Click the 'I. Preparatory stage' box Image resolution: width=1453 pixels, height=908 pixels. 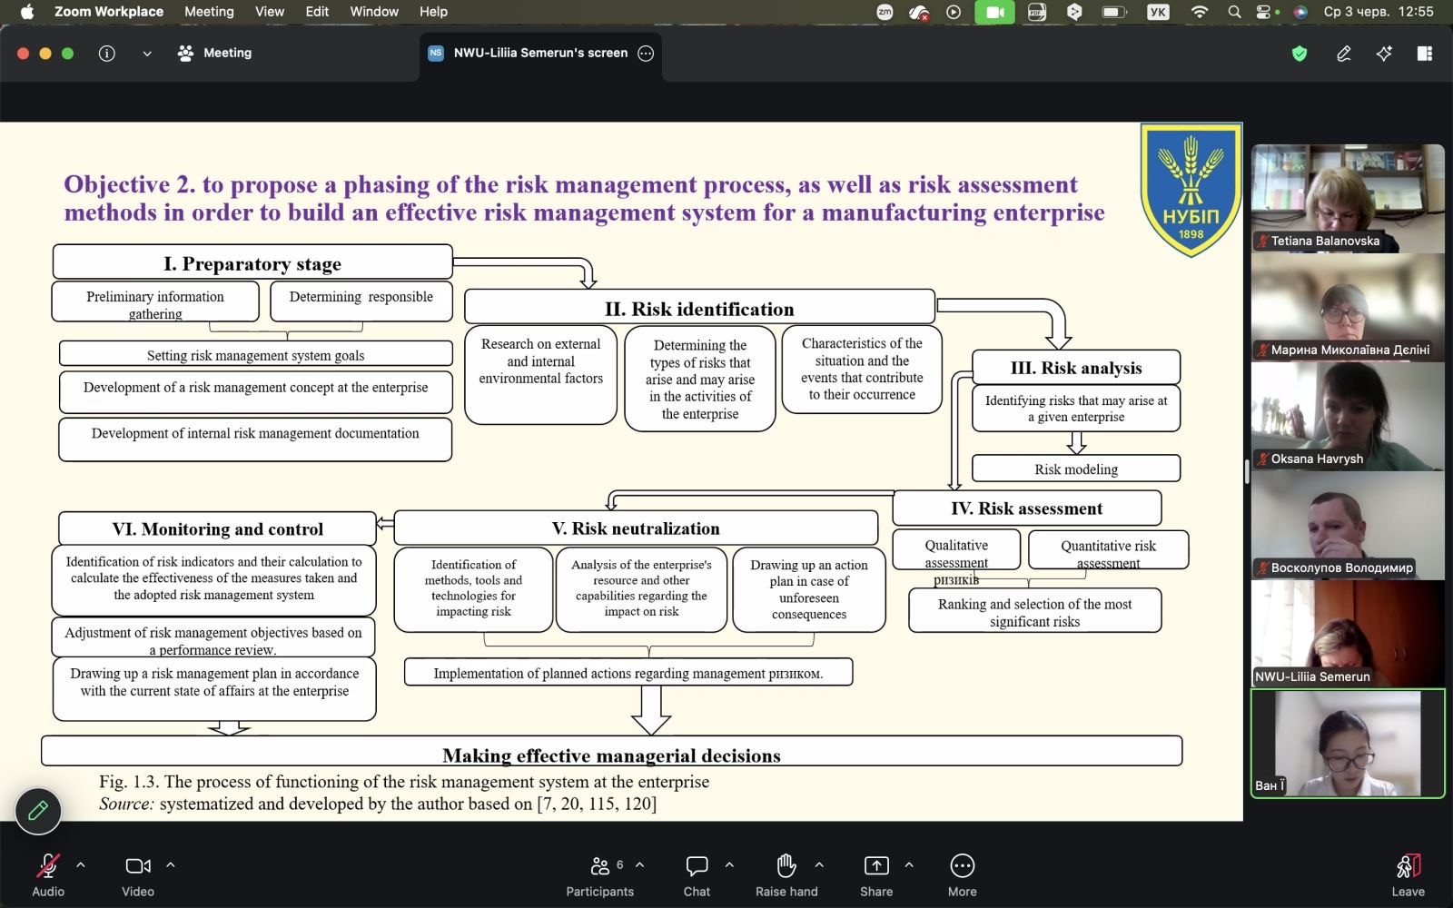(252, 262)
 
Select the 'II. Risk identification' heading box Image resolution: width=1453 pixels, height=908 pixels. (699, 308)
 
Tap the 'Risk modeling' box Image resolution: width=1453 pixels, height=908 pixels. (1075, 469)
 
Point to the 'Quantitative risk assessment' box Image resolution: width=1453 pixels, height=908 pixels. (1108, 550)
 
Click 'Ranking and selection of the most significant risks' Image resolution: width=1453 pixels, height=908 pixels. (1034, 611)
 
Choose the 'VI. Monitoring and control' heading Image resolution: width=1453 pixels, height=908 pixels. (217, 528)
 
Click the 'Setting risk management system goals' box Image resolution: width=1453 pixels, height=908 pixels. (255, 354)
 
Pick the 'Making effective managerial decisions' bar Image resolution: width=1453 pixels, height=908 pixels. (611, 752)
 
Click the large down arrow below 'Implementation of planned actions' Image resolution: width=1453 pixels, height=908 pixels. (651, 710)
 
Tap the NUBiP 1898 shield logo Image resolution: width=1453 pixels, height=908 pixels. (1191, 189)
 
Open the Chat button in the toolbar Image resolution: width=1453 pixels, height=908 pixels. (697, 875)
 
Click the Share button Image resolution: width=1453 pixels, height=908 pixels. (876, 875)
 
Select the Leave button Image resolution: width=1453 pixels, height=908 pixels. (1409, 875)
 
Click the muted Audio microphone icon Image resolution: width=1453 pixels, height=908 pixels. (48, 866)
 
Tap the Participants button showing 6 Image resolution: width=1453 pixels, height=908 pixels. (600, 875)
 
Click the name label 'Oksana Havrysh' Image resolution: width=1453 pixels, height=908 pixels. (1317, 459)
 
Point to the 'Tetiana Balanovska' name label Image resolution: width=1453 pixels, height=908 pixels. (1325, 241)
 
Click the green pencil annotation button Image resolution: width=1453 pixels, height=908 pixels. (38, 811)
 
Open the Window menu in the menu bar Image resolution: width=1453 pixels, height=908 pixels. (374, 12)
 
